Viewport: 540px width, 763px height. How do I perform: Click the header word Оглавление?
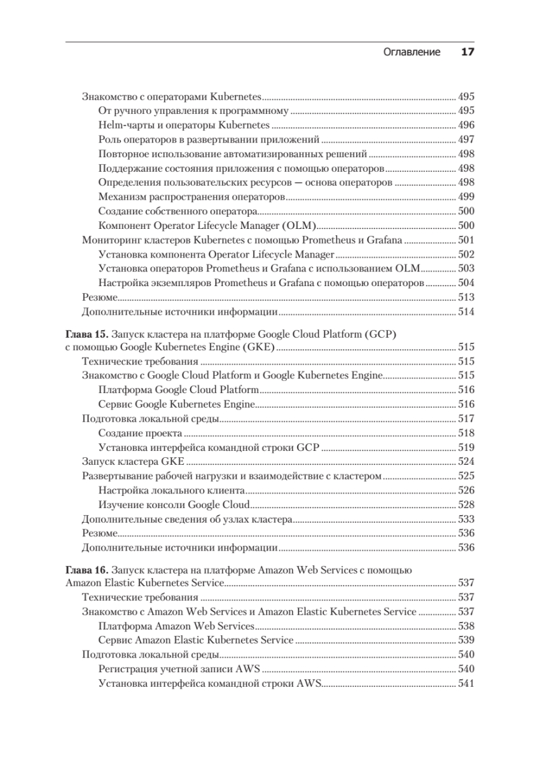coord(412,52)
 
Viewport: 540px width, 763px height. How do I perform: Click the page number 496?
coord(466,125)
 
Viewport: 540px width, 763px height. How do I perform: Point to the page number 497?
coord(466,139)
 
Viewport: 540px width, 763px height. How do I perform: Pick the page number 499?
coord(466,196)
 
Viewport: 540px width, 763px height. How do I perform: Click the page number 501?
coord(466,240)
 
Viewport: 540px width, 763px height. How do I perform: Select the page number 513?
coord(466,297)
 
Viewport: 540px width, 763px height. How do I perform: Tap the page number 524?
coord(466,462)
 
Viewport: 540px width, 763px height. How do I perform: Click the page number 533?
coord(466,519)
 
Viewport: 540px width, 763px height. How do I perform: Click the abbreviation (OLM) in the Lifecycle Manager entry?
coord(302,226)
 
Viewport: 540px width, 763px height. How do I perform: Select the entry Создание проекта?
coord(141,433)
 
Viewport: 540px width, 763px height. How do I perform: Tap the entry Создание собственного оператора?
coord(178,211)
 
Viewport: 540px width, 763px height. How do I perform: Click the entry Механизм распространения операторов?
coord(191,196)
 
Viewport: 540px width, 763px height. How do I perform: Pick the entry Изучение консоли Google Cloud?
coord(174,505)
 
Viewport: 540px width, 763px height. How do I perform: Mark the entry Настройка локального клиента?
coord(172,490)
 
